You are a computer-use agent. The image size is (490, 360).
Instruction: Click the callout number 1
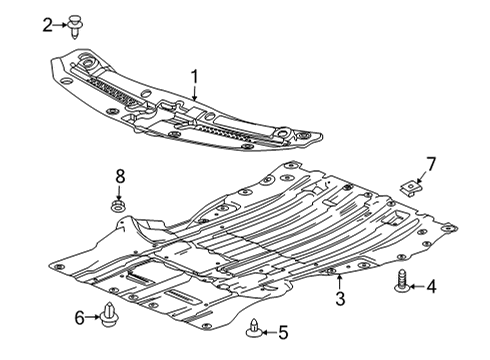point(194,75)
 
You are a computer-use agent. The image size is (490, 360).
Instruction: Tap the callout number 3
point(339,299)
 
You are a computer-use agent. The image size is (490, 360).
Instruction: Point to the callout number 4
point(431,287)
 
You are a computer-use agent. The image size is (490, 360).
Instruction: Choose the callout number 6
point(79,317)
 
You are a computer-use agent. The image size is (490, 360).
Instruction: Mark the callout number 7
point(431,162)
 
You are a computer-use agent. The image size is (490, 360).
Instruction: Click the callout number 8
point(119,177)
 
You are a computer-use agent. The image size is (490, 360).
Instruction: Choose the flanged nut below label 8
point(118,208)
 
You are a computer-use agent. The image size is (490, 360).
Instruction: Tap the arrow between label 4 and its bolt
point(418,287)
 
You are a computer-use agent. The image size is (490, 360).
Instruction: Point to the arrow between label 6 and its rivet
point(92,317)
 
